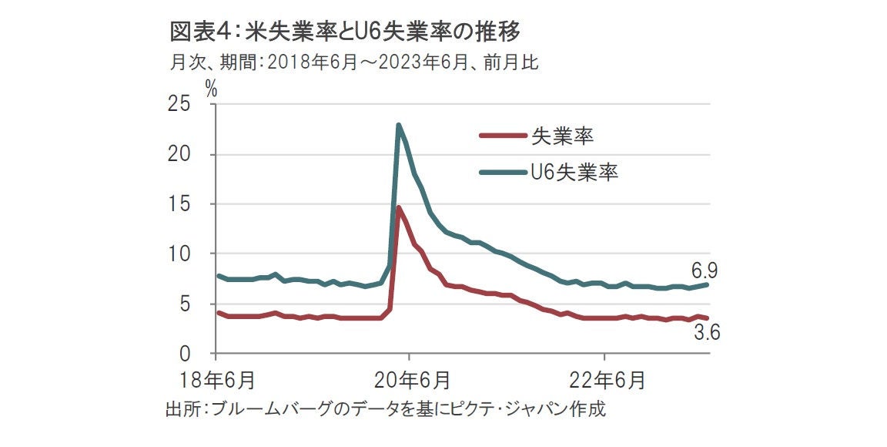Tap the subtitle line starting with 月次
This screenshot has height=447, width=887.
(x=353, y=62)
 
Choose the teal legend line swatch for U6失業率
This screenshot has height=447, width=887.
(x=502, y=171)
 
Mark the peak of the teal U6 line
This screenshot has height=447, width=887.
(x=399, y=125)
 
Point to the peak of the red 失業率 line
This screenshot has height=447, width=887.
(x=399, y=207)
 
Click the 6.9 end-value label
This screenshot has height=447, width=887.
(x=705, y=270)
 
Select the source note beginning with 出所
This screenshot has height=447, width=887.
(x=386, y=408)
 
